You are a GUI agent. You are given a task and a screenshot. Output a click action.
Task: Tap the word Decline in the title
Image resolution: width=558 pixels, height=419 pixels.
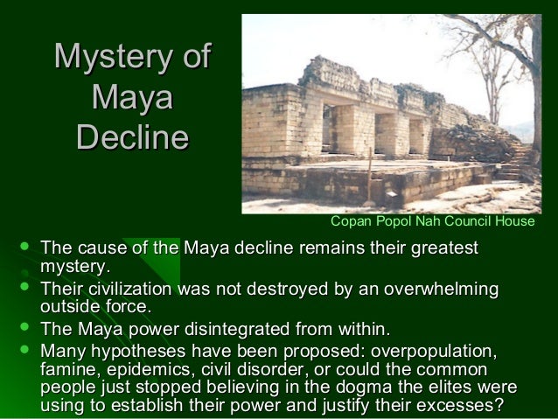click(x=132, y=137)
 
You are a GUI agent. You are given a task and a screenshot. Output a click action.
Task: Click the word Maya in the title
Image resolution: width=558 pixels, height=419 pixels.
click(x=132, y=98)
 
